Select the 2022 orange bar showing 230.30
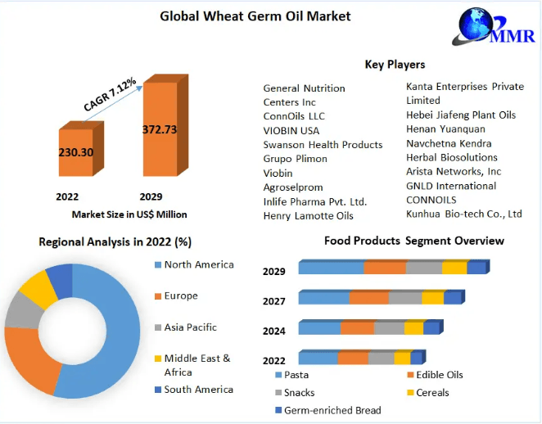point(75,152)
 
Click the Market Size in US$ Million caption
point(129,214)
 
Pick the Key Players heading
point(395,65)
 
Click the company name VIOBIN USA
point(291,130)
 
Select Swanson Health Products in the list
point(323,145)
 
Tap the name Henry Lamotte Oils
point(308,216)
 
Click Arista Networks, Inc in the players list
point(465,172)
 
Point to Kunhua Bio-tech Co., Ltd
point(463,214)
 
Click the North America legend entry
point(197,264)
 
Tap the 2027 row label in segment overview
point(273,301)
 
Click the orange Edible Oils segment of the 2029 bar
point(385,268)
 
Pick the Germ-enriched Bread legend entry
point(332,409)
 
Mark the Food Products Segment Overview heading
point(413,241)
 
